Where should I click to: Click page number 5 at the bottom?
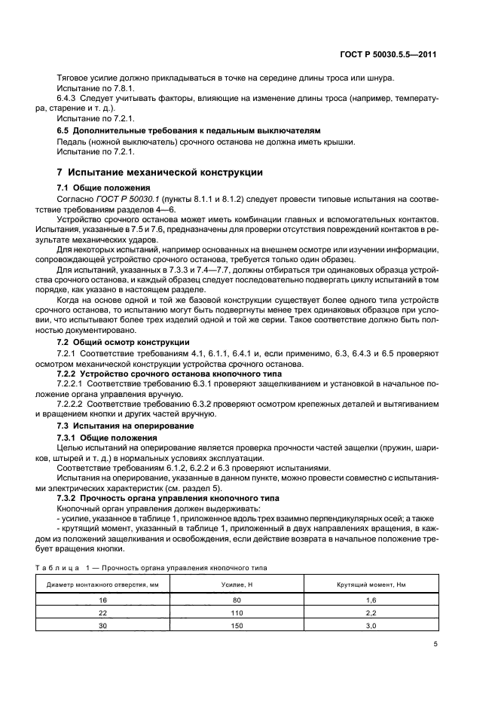pos(435,643)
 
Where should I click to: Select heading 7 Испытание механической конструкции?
pos(160,172)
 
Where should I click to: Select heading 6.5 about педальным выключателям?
pos(189,130)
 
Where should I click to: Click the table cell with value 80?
pos(237,599)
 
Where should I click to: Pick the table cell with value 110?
pos(237,613)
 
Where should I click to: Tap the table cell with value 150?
pos(237,627)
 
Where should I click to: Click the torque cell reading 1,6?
pos(370,599)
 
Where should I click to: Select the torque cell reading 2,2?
pos(370,613)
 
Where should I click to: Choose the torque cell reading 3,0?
pos(370,627)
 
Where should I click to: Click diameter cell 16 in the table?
pos(103,599)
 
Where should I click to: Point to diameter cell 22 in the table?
pos(103,613)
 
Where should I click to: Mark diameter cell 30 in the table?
pos(103,627)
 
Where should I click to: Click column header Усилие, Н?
pos(237,584)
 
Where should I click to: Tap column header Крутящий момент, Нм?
pos(370,584)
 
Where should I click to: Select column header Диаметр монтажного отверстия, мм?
pos(103,584)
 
